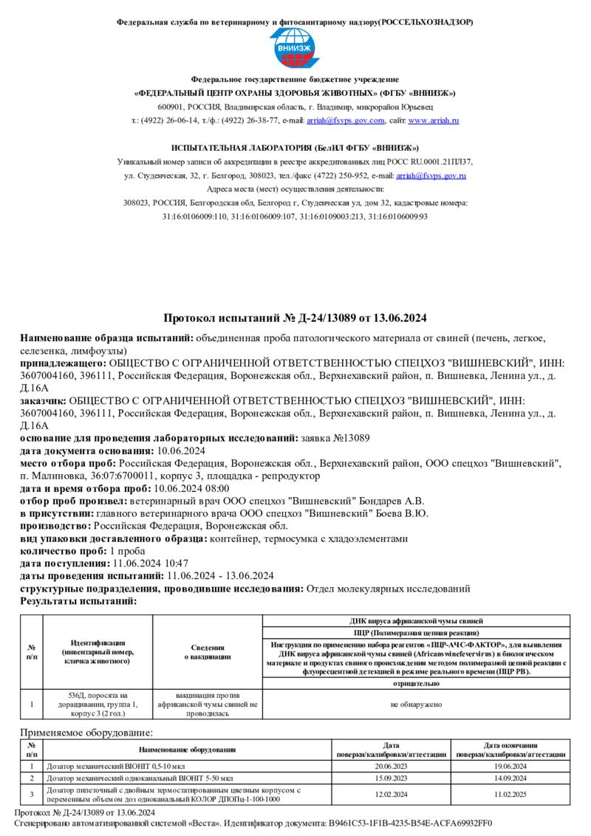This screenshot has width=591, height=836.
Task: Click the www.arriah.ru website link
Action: point(434,120)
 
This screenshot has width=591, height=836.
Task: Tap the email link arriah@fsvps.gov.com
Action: point(346,120)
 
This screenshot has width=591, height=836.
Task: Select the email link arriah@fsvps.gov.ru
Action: point(431,176)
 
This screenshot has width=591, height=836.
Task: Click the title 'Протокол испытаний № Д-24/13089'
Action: point(295,318)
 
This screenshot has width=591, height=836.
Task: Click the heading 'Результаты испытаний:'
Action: point(78,601)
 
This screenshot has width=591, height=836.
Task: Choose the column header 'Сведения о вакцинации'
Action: point(207,651)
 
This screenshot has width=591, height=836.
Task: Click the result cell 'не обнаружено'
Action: point(417,705)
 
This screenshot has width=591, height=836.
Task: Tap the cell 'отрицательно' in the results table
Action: point(417,684)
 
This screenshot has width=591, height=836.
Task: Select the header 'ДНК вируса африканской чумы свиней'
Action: point(417,621)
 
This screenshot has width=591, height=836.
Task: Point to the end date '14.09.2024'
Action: point(510,778)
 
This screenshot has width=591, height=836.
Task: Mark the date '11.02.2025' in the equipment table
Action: point(510,795)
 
